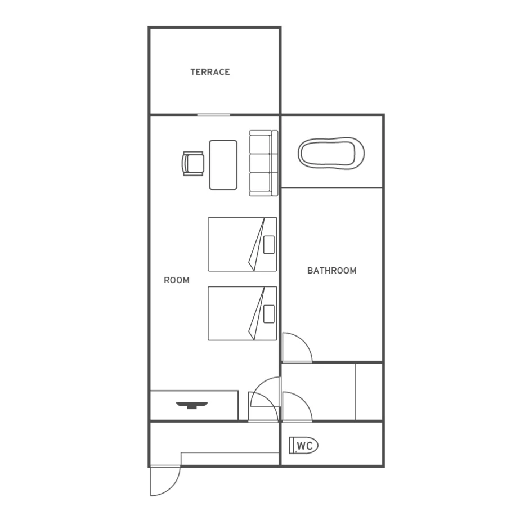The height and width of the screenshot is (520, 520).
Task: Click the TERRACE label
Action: click(210, 72)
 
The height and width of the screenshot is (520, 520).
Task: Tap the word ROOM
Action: click(177, 280)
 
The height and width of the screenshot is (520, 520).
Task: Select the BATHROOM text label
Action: click(332, 271)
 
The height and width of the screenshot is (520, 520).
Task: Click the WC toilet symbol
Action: click(304, 445)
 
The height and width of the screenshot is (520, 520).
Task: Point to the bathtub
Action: click(331, 153)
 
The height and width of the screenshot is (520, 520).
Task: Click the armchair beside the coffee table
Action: click(192, 164)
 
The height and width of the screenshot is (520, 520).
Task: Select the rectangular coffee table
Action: click(223, 165)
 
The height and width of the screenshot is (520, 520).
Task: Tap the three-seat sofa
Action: click(263, 163)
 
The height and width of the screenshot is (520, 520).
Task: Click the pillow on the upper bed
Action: click(269, 245)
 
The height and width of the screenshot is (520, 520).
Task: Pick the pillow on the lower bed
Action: click(269, 314)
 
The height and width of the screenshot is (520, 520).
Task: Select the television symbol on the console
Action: click(192, 405)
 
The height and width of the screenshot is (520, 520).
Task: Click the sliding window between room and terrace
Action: click(214, 115)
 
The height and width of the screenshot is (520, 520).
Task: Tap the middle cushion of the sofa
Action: click(261, 163)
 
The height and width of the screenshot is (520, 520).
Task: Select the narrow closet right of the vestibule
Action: click(369, 392)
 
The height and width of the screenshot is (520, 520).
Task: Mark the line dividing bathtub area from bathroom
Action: click(332, 188)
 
